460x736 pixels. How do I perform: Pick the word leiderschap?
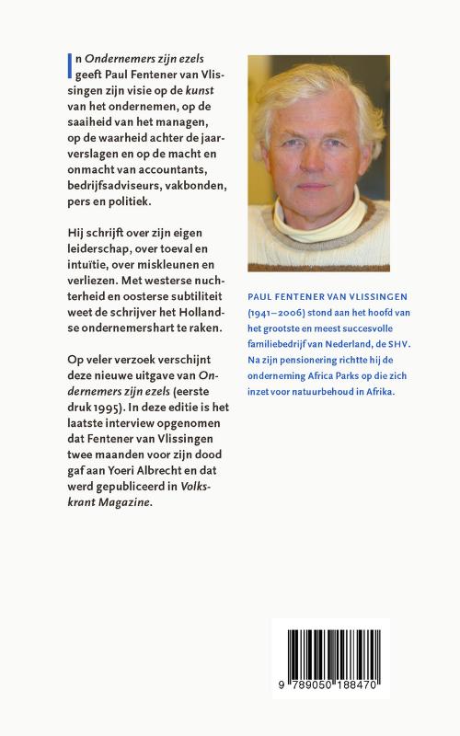[x=104, y=249]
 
